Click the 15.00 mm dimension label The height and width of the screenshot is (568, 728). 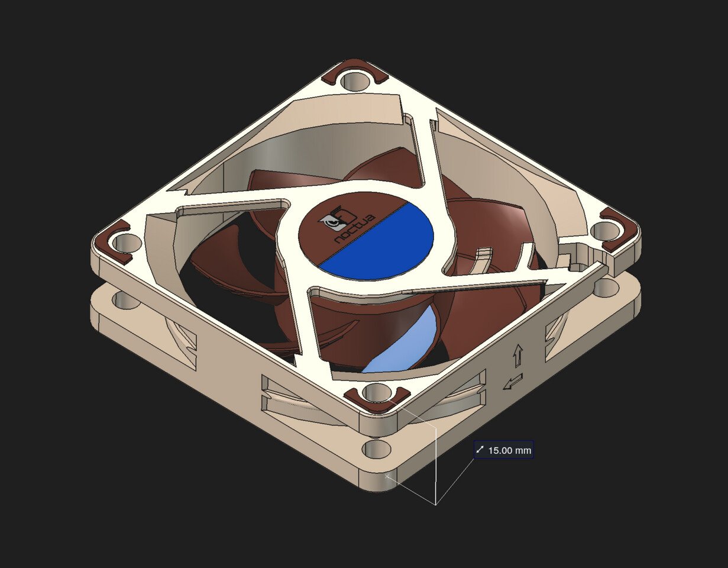(x=504, y=450)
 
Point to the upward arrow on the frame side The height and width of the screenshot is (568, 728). (x=518, y=355)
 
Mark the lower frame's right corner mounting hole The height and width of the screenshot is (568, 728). (x=606, y=288)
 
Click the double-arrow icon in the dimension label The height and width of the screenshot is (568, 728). (x=480, y=450)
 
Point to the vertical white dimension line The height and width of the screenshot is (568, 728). (x=436, y=467)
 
